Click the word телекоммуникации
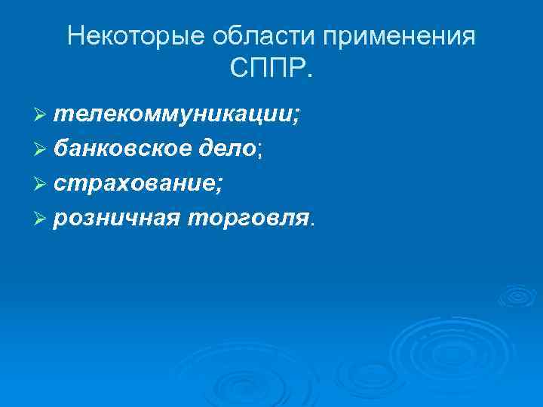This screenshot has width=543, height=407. tap(174, 115)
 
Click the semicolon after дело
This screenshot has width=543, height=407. tap(261, 152)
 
